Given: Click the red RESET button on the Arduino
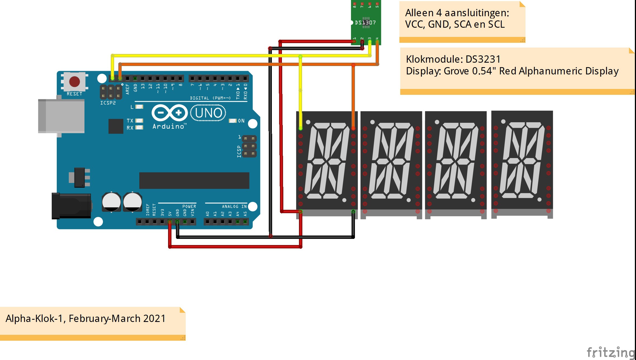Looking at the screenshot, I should tap(74, 81).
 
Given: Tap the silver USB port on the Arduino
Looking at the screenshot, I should tap(62, 116).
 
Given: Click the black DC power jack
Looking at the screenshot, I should tap(72, 206).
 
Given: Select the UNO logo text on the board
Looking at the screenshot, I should tap(208, 113).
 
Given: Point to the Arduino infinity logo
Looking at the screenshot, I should tap(169, 113).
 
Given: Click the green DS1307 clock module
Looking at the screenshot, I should tap(366, 22).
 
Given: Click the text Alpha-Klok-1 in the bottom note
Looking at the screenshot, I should tap(34, 319).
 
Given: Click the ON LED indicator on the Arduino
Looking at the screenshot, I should tap(233, 121).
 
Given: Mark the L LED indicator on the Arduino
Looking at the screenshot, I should tap(139, 107).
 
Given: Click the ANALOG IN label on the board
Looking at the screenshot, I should tap(234, 206).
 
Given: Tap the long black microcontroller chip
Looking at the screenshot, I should tap(194, 180).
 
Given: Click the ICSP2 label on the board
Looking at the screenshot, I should tap(108, 103).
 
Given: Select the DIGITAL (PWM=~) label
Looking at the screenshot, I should tap(210, 98).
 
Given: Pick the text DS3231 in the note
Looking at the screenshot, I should tap(483, 59).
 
